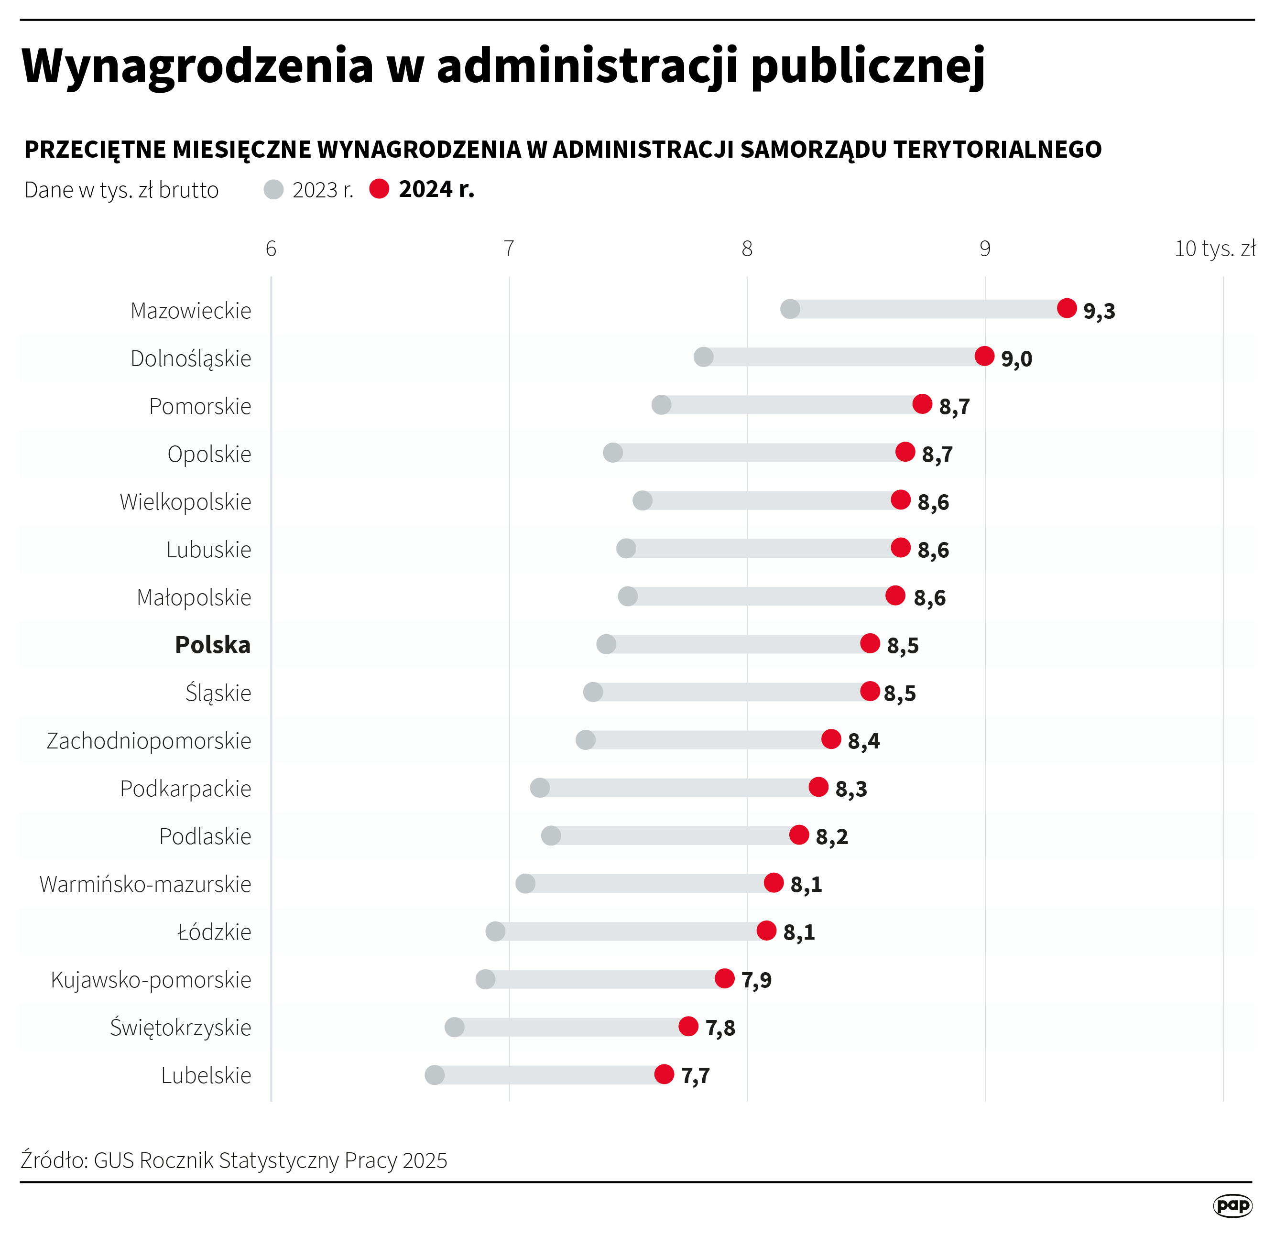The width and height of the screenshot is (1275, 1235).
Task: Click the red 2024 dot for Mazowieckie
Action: pyautogui.click(x=1067, y=308)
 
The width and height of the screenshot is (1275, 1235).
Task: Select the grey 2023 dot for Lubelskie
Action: pyautogui.click(x=435, y=1074)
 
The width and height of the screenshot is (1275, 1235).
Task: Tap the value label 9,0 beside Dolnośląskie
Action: pyautogui.click(x=1016, y=358)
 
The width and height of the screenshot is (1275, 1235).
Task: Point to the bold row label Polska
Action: pyautogui.click(x=213, y=644)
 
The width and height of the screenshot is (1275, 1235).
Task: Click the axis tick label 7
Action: pyautogui.click(x=509, y=249)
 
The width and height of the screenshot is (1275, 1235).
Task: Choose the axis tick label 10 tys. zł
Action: pyautogui.click(x=1214, y=249)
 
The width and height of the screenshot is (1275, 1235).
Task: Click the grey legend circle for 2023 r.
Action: pyautogui.click(x=274, y=189)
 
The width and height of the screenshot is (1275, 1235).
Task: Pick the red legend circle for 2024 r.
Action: pyautogui.click(x=379, y=189)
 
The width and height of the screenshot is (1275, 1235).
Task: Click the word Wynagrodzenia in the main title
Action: pyautogui.click(x=197, y=66)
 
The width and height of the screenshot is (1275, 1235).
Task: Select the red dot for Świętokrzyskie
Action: pyautogui.click(x=688, y=1026)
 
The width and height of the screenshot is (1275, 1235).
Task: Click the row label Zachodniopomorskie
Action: pyautogui.click(x=149, y=741)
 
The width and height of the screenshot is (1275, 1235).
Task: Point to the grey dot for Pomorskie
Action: pyautogui.click(x=661, y=404)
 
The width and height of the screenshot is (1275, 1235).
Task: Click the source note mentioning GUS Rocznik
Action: pyautogui.click(x=234, y=1160)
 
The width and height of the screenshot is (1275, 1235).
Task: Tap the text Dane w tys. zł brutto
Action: pyautogui.click(x=121, y=190)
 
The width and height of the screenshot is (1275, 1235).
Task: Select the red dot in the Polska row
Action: pyautogui.click(x=870, y=643)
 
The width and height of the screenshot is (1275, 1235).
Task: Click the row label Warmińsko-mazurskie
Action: pyautogui.click(x=145, y=884)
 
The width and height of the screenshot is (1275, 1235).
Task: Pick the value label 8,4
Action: pyautogui.click(x=863, y=741)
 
